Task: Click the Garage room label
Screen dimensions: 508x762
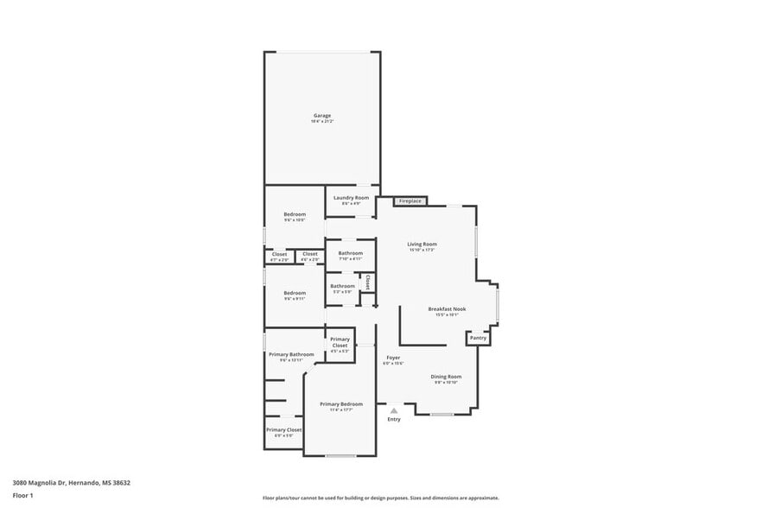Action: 321,116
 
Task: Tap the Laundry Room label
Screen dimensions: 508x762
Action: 351,198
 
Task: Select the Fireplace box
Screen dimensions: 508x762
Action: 410,201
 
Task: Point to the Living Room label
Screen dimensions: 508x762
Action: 422,244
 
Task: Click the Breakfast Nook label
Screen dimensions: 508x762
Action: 447,308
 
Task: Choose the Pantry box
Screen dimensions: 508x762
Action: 478,338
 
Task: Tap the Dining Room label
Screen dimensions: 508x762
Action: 447,377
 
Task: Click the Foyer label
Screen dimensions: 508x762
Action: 393,358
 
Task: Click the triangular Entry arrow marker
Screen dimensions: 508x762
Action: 393,410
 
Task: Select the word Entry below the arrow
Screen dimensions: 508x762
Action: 394,420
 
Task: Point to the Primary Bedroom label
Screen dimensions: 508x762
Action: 341,404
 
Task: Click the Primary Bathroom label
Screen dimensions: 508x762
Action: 290,354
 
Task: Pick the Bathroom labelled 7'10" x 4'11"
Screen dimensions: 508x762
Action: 350,253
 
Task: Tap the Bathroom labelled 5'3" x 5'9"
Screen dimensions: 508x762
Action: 342,286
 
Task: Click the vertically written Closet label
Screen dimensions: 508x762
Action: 367,283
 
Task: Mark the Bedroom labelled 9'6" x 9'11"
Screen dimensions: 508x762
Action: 295,293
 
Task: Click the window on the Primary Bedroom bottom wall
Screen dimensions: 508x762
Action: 340,455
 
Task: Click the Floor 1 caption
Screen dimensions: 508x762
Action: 23,495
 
